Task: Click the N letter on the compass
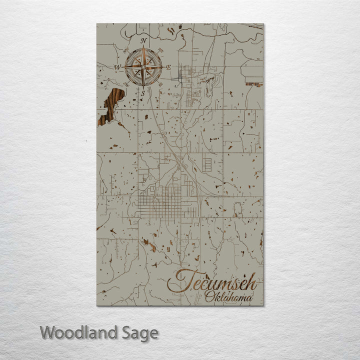click(143, 40)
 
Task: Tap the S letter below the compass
click(142, 93)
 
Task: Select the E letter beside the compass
click(168, 67)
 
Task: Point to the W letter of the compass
click(118, 66)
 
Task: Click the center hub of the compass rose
click(143, 66)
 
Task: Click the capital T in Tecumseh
click(180, 281)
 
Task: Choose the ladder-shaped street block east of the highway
click(206, 163)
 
